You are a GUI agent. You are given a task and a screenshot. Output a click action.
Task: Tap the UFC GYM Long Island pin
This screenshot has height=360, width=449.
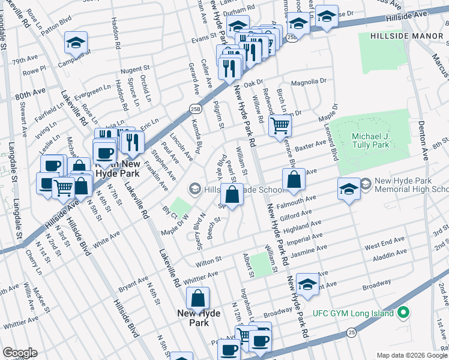coord(403,313)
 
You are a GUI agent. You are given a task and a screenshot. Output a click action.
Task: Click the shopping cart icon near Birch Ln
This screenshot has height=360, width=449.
coord(280,126)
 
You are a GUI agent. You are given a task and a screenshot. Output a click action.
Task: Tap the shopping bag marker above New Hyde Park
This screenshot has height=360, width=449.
coord(197,298)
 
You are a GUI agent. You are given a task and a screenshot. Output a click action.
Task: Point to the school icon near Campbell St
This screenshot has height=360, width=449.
coord(76,42)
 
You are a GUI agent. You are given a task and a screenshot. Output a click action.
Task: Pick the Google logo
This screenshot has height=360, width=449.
coord(20,353)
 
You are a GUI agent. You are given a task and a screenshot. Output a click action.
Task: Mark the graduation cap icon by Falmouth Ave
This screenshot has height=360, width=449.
coord(349,188)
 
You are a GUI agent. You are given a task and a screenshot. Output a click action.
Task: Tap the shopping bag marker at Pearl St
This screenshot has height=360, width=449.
coord(232,194)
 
